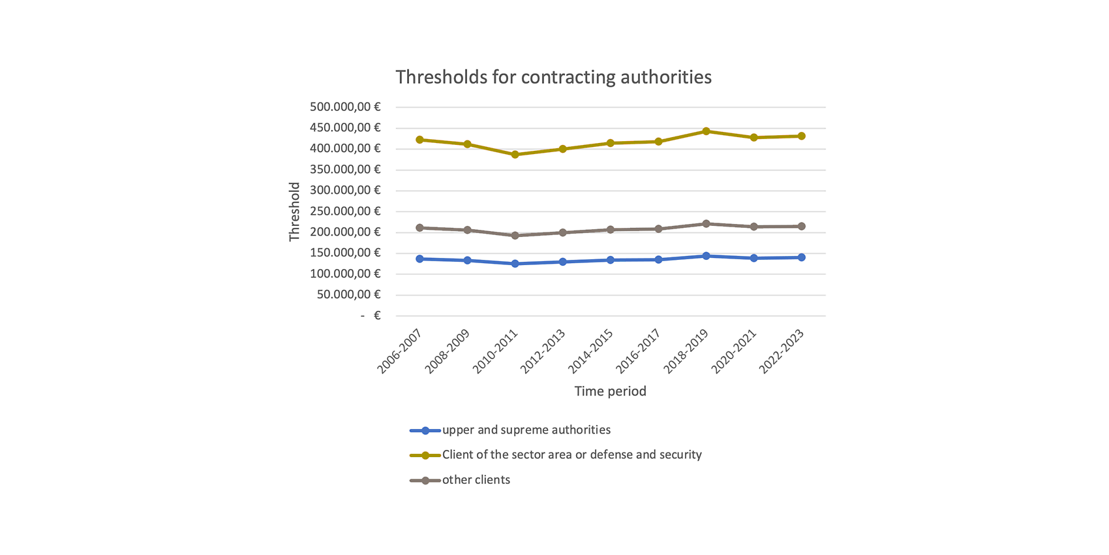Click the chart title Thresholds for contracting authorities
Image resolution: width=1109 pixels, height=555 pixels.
click(553, 77)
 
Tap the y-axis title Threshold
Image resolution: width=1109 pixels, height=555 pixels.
click(294, 212)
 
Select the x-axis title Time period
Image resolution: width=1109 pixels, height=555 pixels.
click(610, 391)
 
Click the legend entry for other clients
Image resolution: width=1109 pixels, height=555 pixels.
click(476, 480)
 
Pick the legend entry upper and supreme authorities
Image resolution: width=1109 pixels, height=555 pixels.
click(526, 430)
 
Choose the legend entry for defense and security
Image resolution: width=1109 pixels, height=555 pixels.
click(571, 455)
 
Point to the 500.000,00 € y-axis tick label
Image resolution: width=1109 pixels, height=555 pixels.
click(345, 106)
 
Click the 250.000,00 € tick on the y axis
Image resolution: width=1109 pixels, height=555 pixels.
click(345, 211)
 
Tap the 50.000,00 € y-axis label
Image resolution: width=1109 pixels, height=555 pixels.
click(348, 294)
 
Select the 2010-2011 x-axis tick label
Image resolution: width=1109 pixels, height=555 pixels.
click(495, 351)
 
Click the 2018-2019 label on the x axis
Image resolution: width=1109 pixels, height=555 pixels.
click(686, 351)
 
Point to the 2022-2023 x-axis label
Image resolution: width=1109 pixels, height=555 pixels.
click(782, 351)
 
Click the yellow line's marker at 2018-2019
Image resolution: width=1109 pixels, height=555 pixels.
click(706, 131)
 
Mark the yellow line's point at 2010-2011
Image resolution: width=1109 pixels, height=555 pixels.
click(515, 155)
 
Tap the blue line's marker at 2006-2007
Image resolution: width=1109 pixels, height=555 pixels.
click(419, 259)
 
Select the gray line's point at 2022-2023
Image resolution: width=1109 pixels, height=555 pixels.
click(802, 227)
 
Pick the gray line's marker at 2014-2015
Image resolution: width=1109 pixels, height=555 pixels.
click(611, 230)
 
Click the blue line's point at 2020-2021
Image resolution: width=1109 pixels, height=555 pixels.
click(754, 259)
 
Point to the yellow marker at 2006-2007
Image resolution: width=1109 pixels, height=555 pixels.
click(419, 140)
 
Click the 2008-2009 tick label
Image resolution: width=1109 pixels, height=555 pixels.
click(448, 351)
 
